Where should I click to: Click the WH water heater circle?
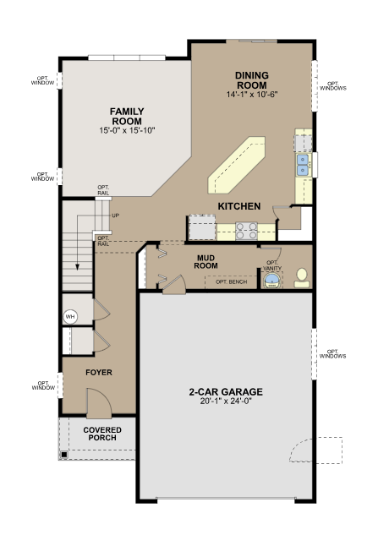(x=70, y=317)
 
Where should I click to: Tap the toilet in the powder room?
(x=302, y=277)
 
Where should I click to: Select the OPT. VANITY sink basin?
(x=271, y=281)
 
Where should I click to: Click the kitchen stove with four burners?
(x=247, y=232)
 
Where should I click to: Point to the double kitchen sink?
(x=303, y=165)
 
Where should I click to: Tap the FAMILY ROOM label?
(x=127, y=117)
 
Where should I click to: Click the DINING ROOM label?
(x=252, y=80)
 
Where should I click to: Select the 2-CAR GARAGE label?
(x=226, y=391)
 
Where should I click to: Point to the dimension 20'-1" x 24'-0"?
(x=226, y=401)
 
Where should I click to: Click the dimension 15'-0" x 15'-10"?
(x=127, y=130)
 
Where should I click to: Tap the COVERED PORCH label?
(x=102, y=434)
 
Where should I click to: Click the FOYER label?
(x=99, y=372)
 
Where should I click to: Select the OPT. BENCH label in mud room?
(x=231, y=281)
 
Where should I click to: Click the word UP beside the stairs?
(x=116, y=216)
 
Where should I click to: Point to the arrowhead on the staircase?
(x=77, y=266)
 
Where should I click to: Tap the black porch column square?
(x=64, y=455)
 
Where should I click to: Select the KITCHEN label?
(x=239, y=206)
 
